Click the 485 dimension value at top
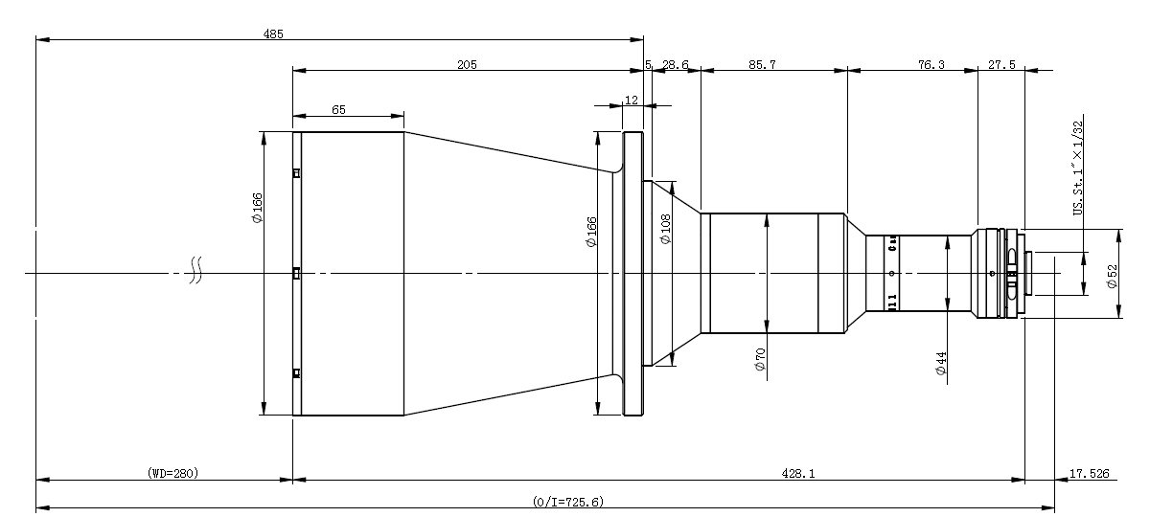pyautogui.click(x=273, y=34)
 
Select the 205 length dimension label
pyautogui.click(x=467, y=64)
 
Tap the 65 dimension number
pyautogui.click(x=339, y=110)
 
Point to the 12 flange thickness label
pyautogui.click(x=632, y=100)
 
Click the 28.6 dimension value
pyautogui.click(x=675, y=64)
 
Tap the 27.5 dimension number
pyautogui.click(x=1001, y=64)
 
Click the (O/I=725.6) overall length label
pyautogui.click(x=568, y=501)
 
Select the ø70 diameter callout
pyautogui.click(x=760, y=359)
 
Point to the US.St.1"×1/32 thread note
pyautogui.click(x=1078, y=169)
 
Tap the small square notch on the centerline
pyautogui.click(x=296, y=273)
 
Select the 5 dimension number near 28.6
pyautogui.click(x=649, y=64)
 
